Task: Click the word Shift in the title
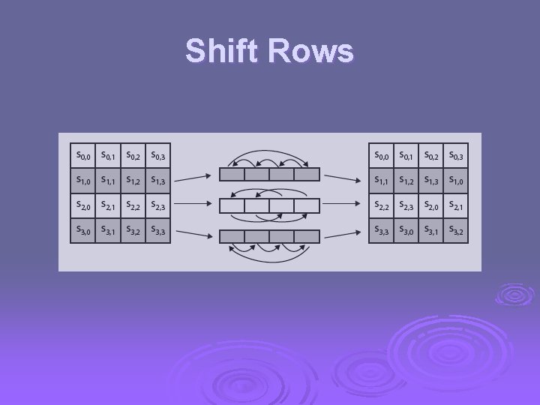pos(223,51)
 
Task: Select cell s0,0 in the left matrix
pos(82,155)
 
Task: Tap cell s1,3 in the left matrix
pos(157,179)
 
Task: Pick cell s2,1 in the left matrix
pos(107,205)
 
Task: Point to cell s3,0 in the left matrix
pos(82,231)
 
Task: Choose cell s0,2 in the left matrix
pos(133,155)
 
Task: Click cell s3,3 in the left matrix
pos(157,231)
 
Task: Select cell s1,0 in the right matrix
pos(455,179)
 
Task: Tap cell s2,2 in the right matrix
pos(382,205)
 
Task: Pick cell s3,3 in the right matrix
pos(382,231)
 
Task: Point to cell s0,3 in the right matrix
pos(455,155)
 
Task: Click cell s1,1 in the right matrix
pos(382,179)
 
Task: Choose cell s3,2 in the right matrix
pos(455,231)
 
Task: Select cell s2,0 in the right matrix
pos(430,205)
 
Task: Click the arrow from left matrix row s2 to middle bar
pos(193,204)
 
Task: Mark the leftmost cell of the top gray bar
pos(232,175)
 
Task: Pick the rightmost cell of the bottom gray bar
pos(307,236)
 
